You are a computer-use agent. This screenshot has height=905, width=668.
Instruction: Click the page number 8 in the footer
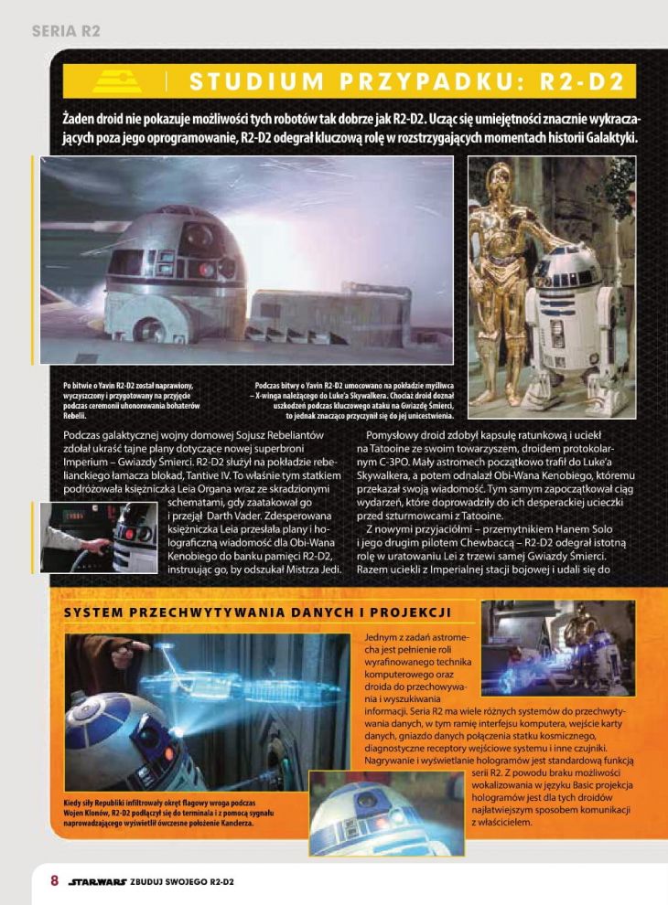pos(54,881)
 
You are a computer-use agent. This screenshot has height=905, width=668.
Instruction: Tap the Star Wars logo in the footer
pos(97,882)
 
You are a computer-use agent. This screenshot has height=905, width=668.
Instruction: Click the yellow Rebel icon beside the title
pos(117,80)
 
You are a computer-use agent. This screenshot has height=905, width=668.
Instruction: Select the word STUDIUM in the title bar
pos(251,81)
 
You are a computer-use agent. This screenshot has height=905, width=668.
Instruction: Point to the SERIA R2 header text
pos(65,30)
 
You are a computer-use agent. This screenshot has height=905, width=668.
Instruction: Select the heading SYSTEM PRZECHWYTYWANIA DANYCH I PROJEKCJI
pos(257,612)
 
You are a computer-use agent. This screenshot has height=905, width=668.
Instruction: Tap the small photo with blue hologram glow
pos(555,644)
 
